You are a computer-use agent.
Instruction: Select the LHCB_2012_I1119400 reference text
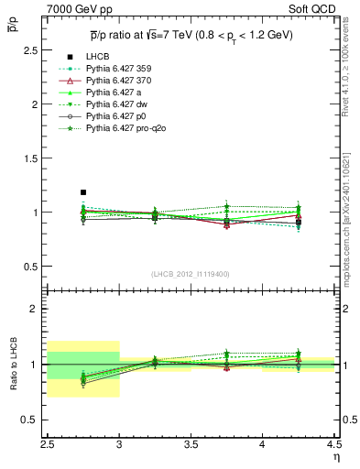[x=190, y=274]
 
